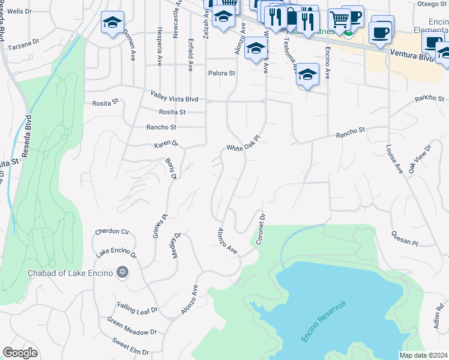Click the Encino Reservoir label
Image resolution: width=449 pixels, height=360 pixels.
[x=325, y=320]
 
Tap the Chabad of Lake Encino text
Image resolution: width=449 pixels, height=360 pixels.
[x=71, y=274]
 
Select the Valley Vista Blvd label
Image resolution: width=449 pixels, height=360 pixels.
[x=174, y=96]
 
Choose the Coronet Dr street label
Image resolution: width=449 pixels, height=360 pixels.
[x=261, y=228]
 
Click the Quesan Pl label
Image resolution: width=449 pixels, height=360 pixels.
[x=404, y=238]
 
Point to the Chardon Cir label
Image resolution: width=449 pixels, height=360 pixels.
[x=112, y=232]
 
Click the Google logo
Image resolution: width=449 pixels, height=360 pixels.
[x=20, y=353]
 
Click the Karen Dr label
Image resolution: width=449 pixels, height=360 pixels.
[x=166, y=145]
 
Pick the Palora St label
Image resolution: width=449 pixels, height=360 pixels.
[x=222, y=73]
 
